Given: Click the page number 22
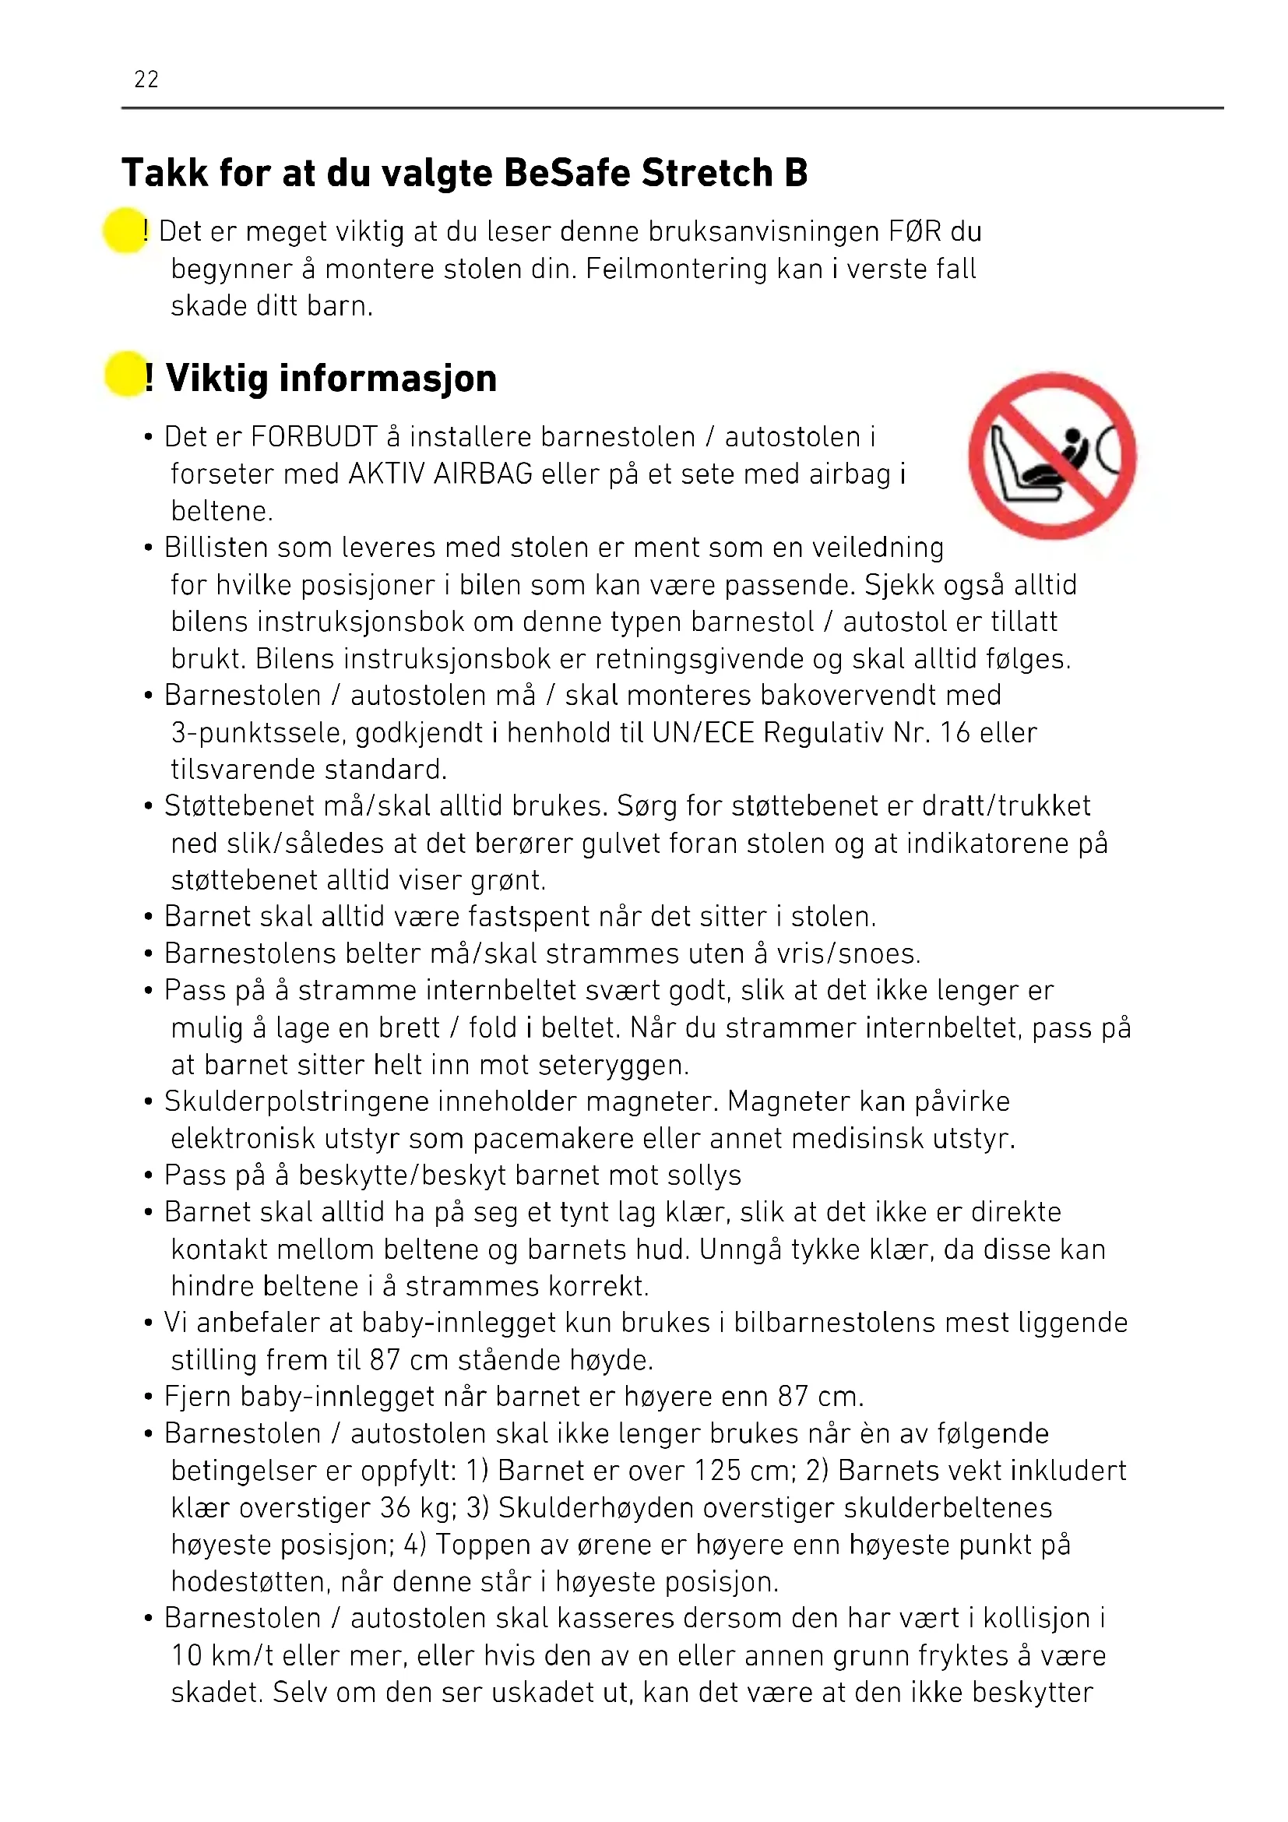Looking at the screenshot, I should click(146, 79).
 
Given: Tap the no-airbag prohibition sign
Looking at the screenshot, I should click(1053, 456).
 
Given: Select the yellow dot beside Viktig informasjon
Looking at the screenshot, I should click(125, 375).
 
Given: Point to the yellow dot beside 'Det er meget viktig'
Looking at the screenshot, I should click(125, 230).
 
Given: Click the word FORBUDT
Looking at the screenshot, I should click(314, 437).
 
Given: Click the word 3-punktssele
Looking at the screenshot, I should click(258, 733).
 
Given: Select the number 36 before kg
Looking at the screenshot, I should click(396, 1508).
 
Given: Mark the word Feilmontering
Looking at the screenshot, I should click(677, 269).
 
